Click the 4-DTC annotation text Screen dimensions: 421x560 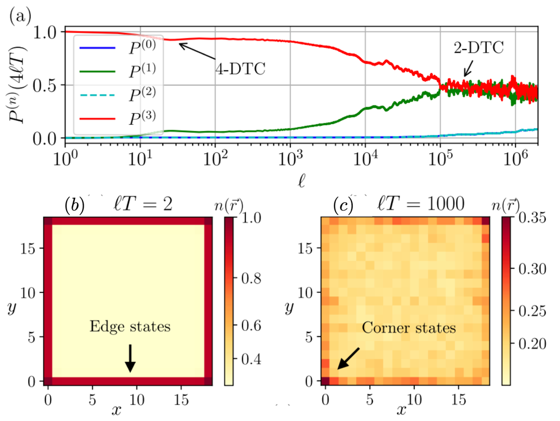[239, 70]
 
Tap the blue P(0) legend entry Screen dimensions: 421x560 [127, 48]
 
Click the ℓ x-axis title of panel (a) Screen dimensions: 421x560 [300, 179]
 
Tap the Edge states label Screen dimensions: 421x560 [130, 326]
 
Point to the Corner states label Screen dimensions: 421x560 [409, 329]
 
